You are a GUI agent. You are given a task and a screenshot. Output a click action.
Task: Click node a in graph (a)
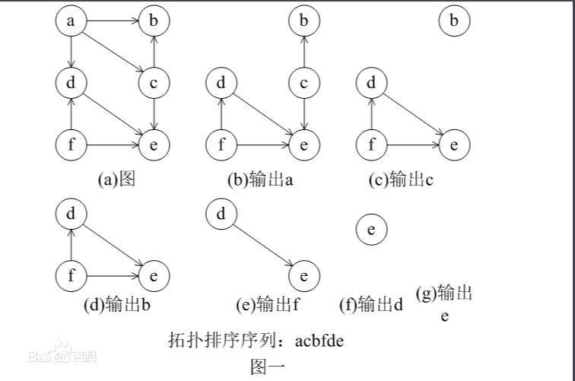tap(71, 21)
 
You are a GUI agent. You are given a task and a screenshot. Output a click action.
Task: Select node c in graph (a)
tap(154, 83)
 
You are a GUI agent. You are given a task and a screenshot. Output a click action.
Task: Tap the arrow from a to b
tap(112, 21)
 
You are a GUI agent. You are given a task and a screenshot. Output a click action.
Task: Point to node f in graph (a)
tap(71, 144)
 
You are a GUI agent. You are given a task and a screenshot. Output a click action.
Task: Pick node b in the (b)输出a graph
tap(303, 21)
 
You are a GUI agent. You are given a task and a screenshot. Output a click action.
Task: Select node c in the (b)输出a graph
tap(303, 83)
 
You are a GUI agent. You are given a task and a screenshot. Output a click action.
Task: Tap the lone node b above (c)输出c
tap(454, 21)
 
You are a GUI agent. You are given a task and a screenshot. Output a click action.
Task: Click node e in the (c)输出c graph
tap(454, 144)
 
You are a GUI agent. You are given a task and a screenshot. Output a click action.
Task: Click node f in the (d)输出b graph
tap(71, 275)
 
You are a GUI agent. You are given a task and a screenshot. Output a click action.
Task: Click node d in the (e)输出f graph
tap(221, 214)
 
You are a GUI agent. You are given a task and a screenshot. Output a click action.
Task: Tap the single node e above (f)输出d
tap(371, 228)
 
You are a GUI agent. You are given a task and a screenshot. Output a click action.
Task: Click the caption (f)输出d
tap(370, 306)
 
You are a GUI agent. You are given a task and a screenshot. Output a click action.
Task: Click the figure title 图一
tap(268, 366)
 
